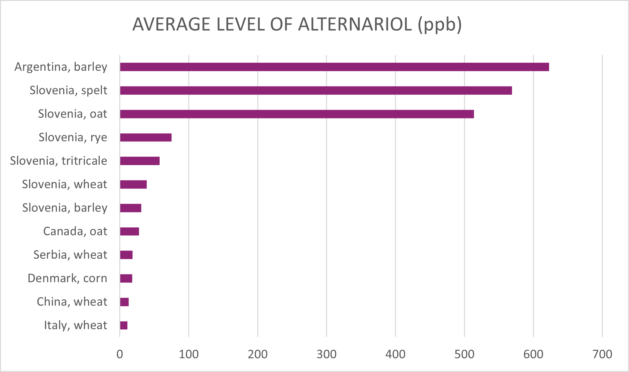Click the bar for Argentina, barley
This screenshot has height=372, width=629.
(x=334, y=67)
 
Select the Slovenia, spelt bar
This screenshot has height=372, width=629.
(x=316, y=90)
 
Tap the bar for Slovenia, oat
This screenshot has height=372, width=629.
(x=297, y=114)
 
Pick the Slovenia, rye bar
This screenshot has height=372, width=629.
(x=146, y=137)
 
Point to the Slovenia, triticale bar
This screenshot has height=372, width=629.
(x=140, y=161)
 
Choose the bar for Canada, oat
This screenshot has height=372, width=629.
(x=129, y=232)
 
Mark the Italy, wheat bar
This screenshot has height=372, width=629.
(x=124, y=325)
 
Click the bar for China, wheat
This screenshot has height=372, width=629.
(x=124, y=302)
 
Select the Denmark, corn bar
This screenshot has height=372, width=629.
(x=126, y=278)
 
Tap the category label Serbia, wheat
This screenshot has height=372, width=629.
(x=70, y=255)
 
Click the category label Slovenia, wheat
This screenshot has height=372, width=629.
(x=64, y=184)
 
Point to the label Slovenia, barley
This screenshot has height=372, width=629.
(x=64, y=208)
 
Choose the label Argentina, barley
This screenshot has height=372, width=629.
(x=61, y=67)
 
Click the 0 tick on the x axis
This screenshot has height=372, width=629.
(x=120, y=354)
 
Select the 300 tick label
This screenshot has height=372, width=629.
(x=327, y=354)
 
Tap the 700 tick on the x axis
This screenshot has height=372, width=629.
(x=602, y=354)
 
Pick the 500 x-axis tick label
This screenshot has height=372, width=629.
(x=464, y=354)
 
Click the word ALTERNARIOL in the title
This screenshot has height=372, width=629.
(x=355, y=25)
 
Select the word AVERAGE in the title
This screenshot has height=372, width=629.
(x=171, y=25)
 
